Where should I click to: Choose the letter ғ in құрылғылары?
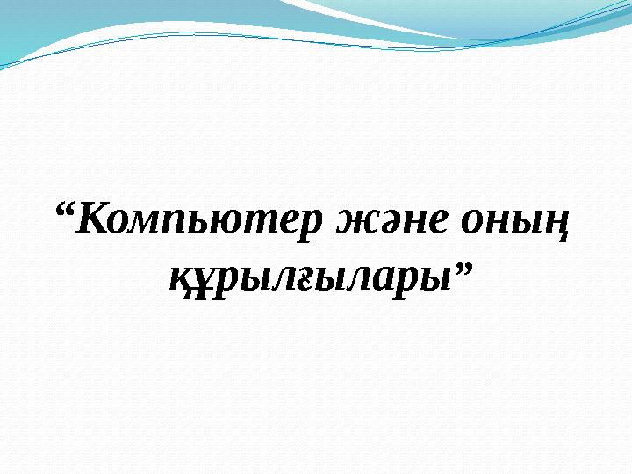(305, 280)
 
